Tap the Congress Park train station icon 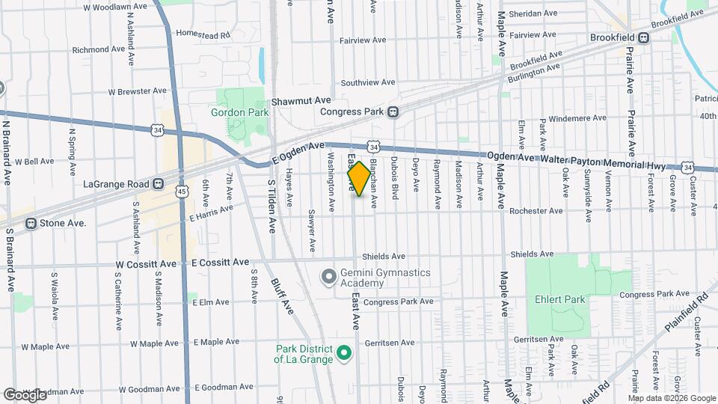[x=393, y=112]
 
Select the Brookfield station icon [x=643, y=37]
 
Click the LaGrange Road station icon [x=158, y=184]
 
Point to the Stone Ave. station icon [x=31, y=223]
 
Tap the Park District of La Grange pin [x=343, y=352]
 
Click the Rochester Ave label [x=536, y=211]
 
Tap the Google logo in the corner [x=25, y=394]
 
